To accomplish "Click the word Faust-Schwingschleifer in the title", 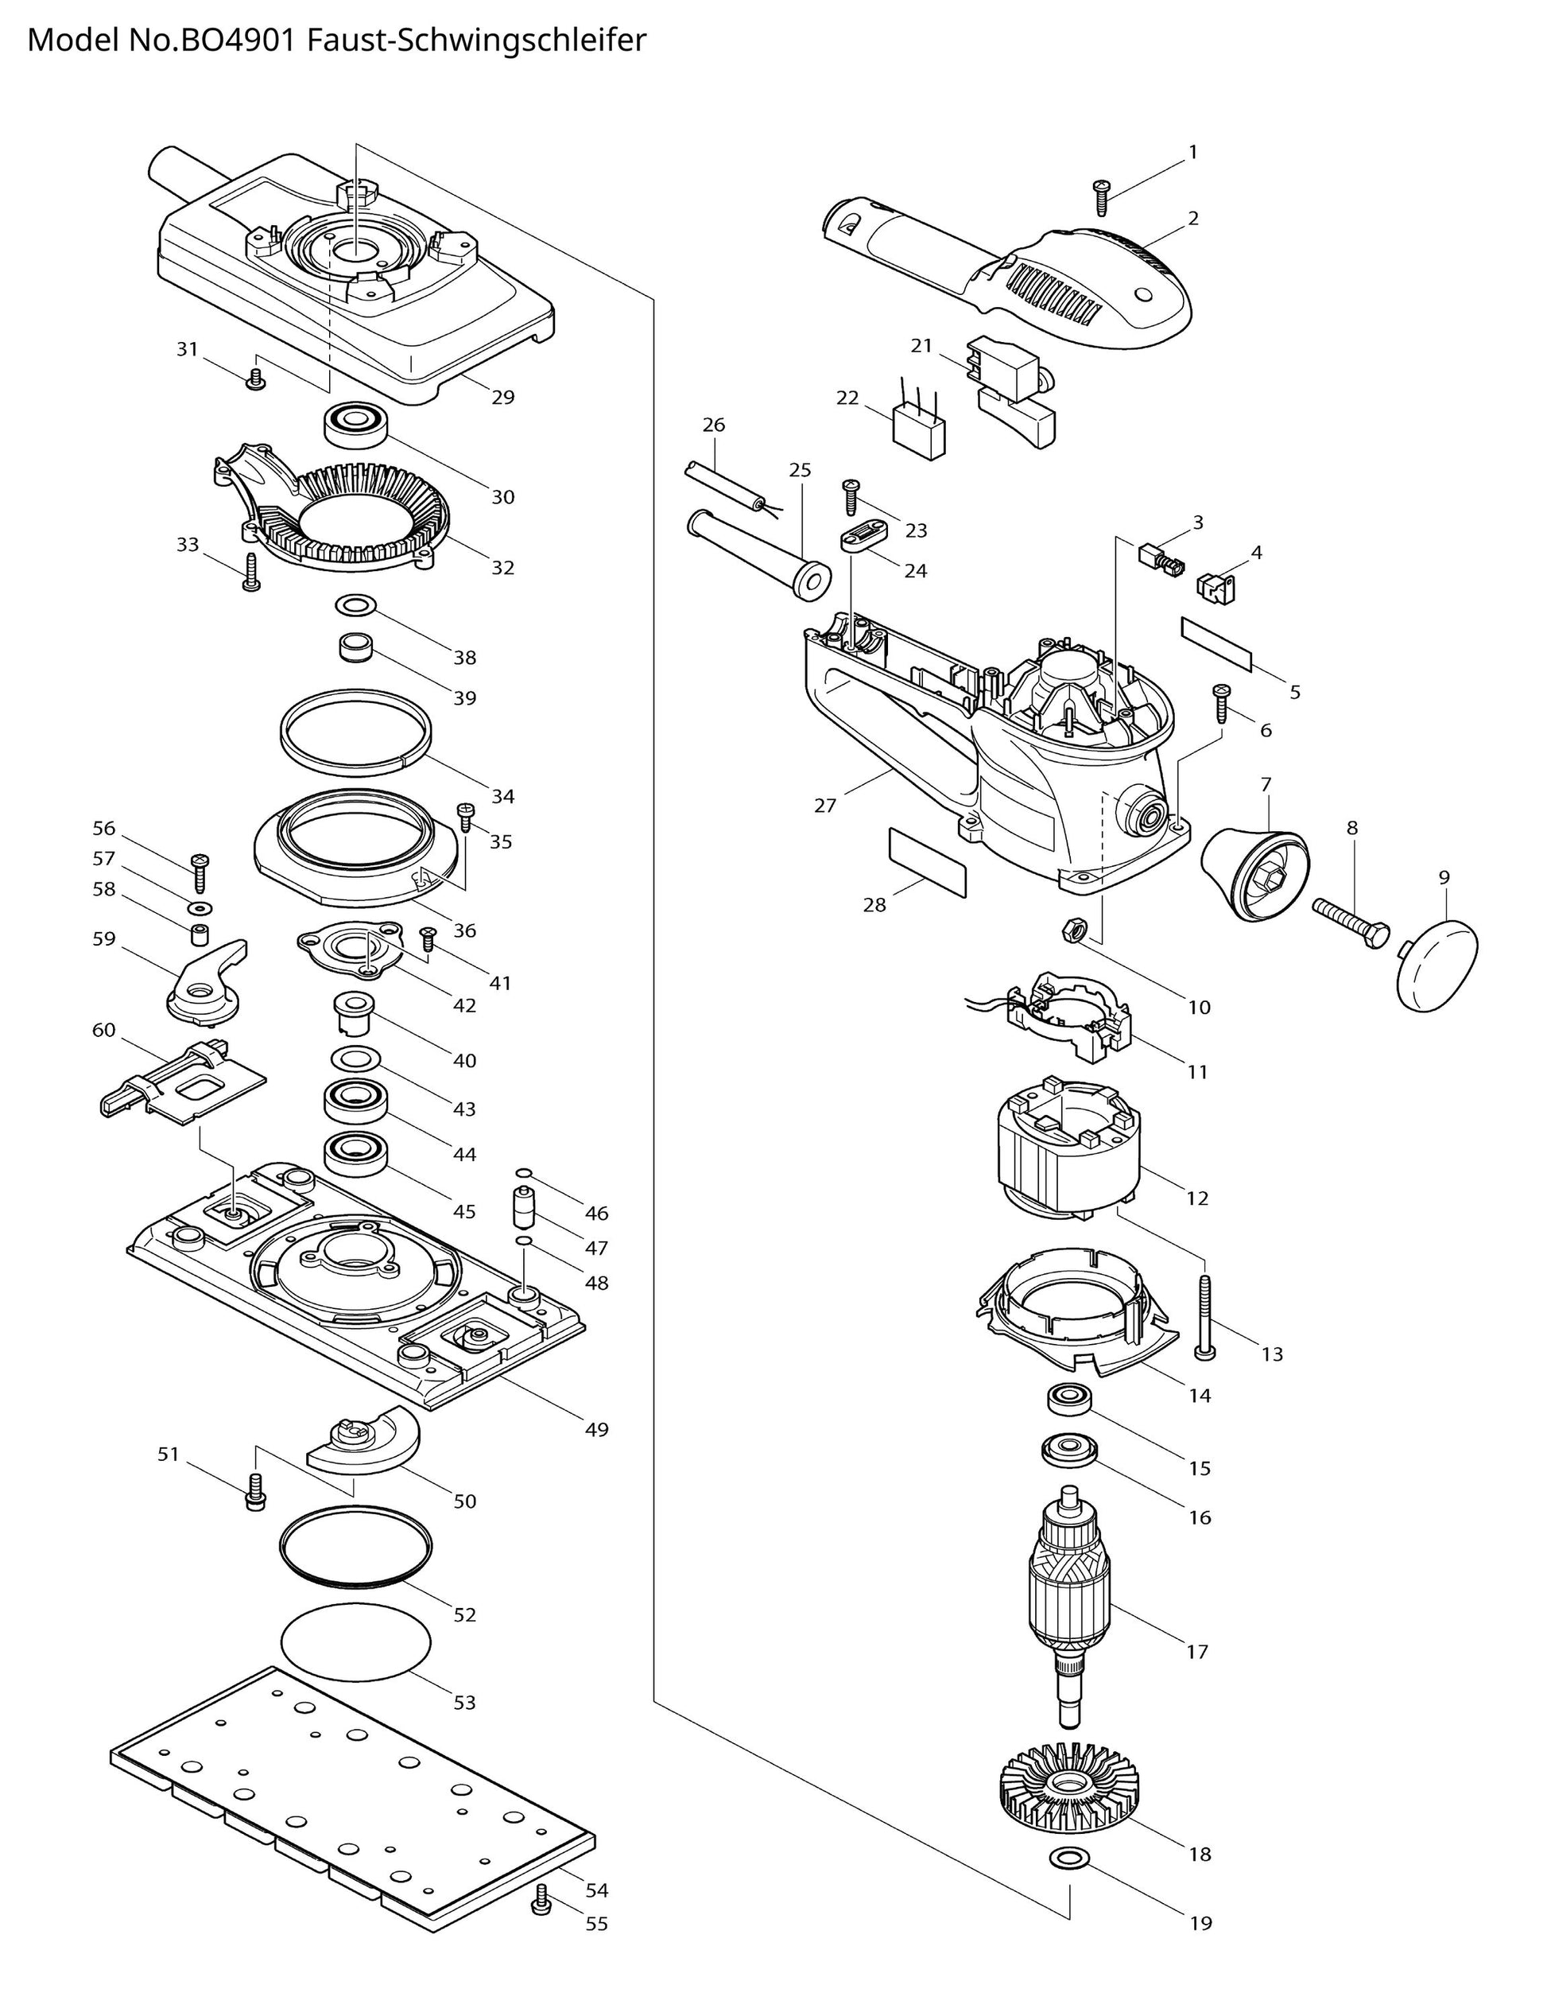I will (x=476, y=41).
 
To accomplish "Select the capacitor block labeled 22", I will (x=919, y=430).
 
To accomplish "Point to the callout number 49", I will (x=597, y=1429).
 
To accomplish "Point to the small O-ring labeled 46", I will (x=523, y=1172).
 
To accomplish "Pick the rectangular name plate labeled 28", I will (x=926, y=863).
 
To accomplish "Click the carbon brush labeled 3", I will (x=1155, y=555).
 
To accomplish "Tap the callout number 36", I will (x=465, y=930).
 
